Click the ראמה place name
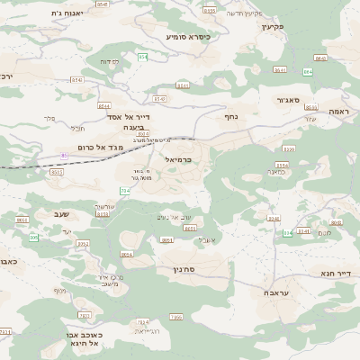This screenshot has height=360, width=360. click(338, 111)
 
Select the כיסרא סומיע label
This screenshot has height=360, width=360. click(188, 37)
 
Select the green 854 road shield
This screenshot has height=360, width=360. click(142, 57)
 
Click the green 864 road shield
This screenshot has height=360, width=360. click(308, 70)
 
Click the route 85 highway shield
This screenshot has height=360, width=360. click(64, 156)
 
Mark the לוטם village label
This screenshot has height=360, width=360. click(325, 232)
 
